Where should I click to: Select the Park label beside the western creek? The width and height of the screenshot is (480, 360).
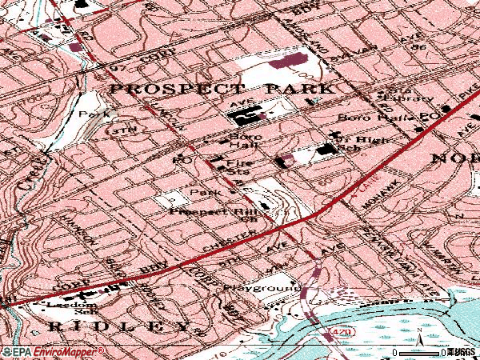(87, 114)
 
